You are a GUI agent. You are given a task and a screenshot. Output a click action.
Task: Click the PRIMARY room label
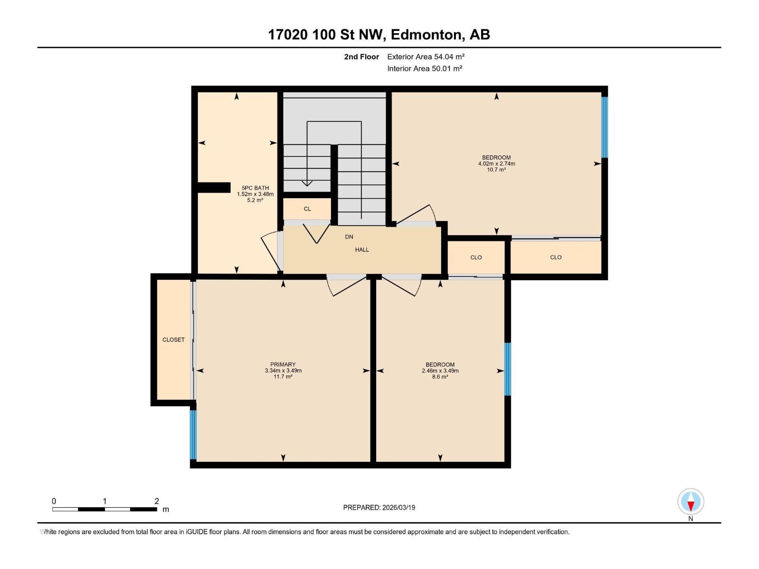point(283,365)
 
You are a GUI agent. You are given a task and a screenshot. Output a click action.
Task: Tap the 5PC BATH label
point(255,188)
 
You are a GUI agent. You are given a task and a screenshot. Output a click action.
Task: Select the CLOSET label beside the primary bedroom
point(174,340)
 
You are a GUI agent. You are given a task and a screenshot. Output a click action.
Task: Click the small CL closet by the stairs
point(307,209)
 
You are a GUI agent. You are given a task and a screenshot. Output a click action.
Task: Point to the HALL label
point(362,249)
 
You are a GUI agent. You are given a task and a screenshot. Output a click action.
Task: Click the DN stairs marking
point(349,237)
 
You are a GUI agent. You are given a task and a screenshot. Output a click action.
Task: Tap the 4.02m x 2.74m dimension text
point(496,164)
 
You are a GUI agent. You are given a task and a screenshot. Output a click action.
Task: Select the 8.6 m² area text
point(440,376)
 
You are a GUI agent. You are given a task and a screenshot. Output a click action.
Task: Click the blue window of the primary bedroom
point(193,434)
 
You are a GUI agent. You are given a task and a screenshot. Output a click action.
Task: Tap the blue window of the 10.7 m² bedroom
point(604,127)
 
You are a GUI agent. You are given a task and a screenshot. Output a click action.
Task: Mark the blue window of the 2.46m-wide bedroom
point(507,369)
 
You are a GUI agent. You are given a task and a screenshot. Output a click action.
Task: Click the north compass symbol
point(691,502)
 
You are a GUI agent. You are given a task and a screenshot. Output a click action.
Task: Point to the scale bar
point(104,509)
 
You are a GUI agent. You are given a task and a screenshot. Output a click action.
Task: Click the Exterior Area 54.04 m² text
point(426,56)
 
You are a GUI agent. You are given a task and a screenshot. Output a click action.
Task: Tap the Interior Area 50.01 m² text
point(425,68)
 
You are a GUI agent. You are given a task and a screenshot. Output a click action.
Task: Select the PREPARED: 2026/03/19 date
point(379,507)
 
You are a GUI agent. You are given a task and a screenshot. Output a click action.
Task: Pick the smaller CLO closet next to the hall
point(476,257)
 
